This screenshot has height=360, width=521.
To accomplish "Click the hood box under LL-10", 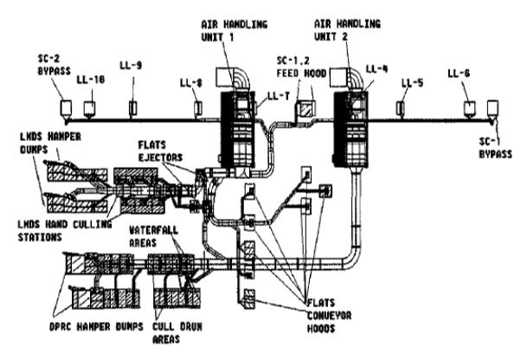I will pos(90,108).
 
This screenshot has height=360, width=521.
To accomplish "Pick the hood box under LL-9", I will pos(132,108).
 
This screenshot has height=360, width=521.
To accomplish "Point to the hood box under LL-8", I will pos(198,107).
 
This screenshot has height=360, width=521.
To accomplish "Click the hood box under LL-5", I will pos(401,107).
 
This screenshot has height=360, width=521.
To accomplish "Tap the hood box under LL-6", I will pos(469,107).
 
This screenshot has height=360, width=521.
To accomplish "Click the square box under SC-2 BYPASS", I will pos(66,107).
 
